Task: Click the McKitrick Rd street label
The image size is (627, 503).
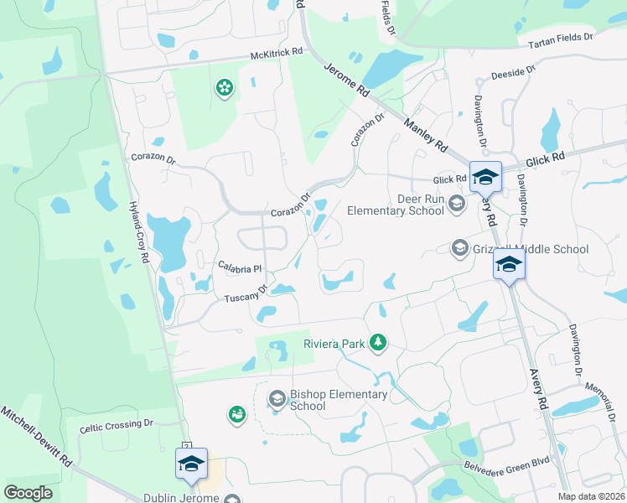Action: click(276, 55)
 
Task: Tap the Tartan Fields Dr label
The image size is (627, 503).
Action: click(554, 39)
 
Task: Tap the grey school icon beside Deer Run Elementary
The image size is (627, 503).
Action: click(456, 202)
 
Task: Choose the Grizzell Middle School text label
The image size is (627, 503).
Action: click(531, 249)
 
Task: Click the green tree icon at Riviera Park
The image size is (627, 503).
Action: click(378, 342)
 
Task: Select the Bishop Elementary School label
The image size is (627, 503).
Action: click(339, 400)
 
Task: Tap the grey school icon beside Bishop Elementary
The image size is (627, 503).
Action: click(277, 397)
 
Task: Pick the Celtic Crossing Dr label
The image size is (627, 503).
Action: click(117, 427)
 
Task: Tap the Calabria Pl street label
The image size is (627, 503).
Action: click(241, 267)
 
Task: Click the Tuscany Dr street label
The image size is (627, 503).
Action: click(245, 295)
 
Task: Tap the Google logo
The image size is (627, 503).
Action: click(28, 493)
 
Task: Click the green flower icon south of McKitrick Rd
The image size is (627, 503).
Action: click(224, 87)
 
